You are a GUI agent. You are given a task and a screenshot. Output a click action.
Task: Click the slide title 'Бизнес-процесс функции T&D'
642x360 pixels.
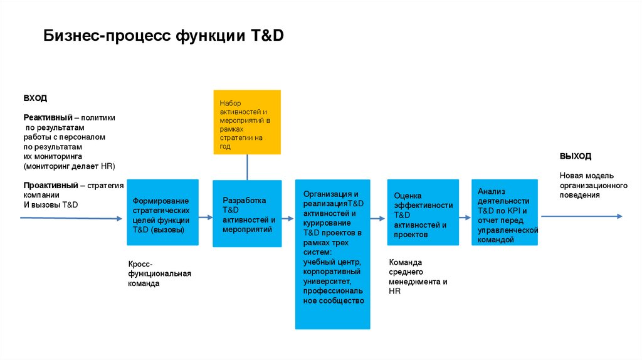(164, 36)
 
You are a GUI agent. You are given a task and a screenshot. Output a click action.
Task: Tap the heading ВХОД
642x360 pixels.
(35, 98)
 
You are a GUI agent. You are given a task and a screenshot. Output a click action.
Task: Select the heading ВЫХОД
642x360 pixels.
(575, 156)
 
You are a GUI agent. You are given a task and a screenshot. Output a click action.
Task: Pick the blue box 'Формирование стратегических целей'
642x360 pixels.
(162, 213)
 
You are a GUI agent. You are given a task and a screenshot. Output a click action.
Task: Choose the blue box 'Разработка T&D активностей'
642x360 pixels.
(247, 213)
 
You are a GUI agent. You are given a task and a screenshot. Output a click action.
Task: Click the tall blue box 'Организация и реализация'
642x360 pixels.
(332, 254)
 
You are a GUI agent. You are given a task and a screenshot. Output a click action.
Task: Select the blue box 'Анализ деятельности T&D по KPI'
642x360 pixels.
(504, 213)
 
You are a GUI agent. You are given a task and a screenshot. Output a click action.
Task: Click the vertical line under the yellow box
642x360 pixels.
(247, 167)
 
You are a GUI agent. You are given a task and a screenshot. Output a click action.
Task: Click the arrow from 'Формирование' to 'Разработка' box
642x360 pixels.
(206, 217)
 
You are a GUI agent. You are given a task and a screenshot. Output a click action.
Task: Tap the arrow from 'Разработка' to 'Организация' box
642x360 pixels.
(288, 218)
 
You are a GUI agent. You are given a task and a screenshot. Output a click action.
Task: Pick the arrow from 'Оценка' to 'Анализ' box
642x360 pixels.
(463, 218)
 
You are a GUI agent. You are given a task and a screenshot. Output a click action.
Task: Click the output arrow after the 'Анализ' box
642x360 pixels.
(581, 216)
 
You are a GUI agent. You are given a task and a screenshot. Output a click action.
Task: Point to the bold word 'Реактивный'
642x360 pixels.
(48, 118)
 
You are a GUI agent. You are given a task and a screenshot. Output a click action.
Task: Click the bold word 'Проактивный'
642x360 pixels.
(50, 186)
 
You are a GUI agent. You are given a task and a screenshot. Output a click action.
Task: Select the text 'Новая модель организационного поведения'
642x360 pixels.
(593, 185)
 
